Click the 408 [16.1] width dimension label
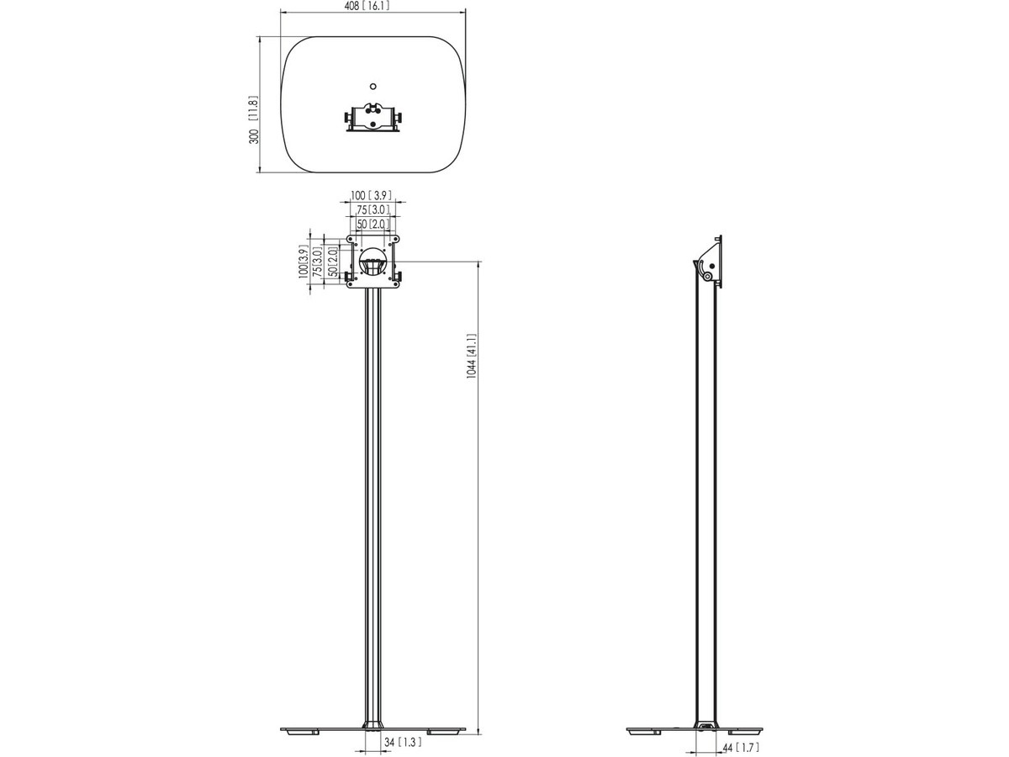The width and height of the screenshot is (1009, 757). point(367,7)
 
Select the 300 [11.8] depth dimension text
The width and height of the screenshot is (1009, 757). point(254,119)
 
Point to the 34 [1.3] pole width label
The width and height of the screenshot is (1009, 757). point(403,742)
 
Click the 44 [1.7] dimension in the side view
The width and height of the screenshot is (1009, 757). point(741,748)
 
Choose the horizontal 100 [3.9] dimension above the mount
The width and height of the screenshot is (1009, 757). point(372,195)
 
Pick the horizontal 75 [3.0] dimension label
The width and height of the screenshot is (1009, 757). point(373,209)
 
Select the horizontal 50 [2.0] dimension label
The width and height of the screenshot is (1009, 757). point(373,224)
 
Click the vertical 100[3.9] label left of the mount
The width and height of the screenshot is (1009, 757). point(303,261)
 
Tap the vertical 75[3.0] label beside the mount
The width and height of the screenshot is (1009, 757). point(317,261)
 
